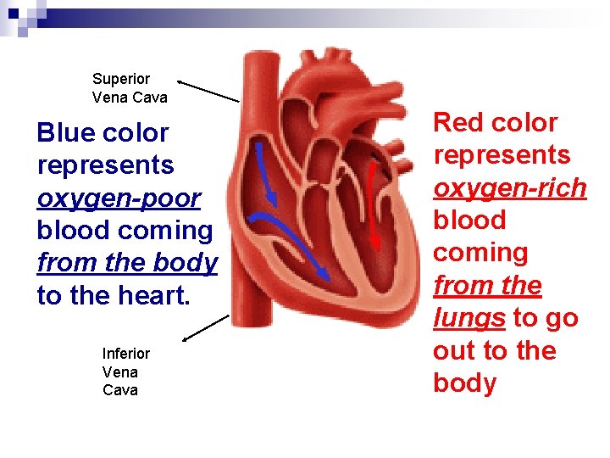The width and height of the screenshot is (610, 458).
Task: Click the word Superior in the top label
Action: tap(120, 79)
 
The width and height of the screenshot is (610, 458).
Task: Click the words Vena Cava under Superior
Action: tap(130, 98)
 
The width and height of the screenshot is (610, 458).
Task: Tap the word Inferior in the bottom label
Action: tap(125, 353)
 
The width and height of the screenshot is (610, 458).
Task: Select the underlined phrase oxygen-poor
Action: tap(119, 198)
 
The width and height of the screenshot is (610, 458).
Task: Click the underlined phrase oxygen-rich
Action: tap(509, 187)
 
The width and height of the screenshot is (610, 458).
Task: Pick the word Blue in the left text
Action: tap(65, 133)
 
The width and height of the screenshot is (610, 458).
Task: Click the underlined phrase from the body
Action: tap(127, 263)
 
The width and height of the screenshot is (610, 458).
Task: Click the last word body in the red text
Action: tap(464, 383)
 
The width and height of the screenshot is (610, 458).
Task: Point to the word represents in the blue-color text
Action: tap(105, 165)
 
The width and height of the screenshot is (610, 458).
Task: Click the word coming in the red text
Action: tap(480, 253)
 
